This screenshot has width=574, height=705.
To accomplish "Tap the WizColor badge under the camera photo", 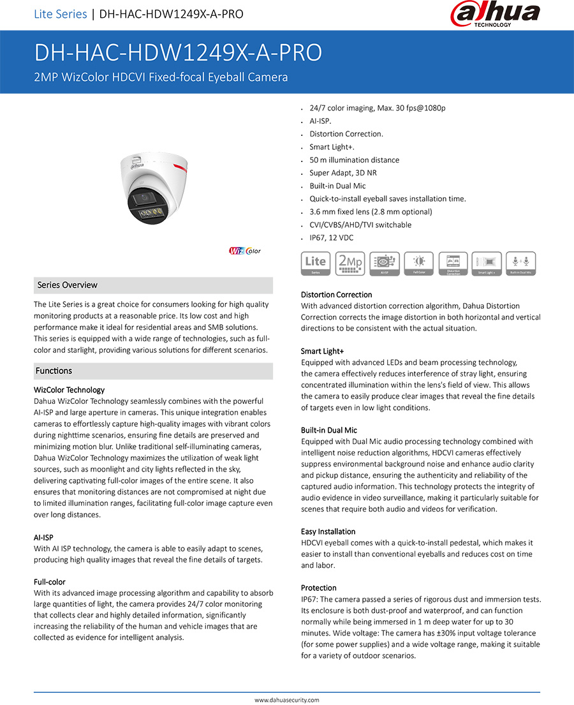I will point(245,251).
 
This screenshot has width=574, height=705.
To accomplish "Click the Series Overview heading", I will point(67,285).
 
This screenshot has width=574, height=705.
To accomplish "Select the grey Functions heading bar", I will point(153,371).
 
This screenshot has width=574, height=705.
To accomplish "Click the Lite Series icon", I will point(316,263).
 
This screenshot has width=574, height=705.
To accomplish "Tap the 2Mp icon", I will point(350,263).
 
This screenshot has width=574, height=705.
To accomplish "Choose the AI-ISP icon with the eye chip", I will point(385,263).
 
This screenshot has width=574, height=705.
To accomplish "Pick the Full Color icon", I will point(419,263).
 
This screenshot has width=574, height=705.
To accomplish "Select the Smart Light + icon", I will point(487,263).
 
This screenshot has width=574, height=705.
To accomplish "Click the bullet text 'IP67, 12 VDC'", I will point(331,238).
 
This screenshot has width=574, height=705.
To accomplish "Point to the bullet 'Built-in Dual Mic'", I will point(337,186).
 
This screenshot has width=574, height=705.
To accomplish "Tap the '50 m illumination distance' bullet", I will point(354,160).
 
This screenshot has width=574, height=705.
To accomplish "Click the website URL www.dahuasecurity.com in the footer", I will point(287,700).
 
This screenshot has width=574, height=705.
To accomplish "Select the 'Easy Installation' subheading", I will point(328,531).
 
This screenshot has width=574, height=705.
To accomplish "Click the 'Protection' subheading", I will point(318,588).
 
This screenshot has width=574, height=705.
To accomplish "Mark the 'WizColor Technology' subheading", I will point(69,390).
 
